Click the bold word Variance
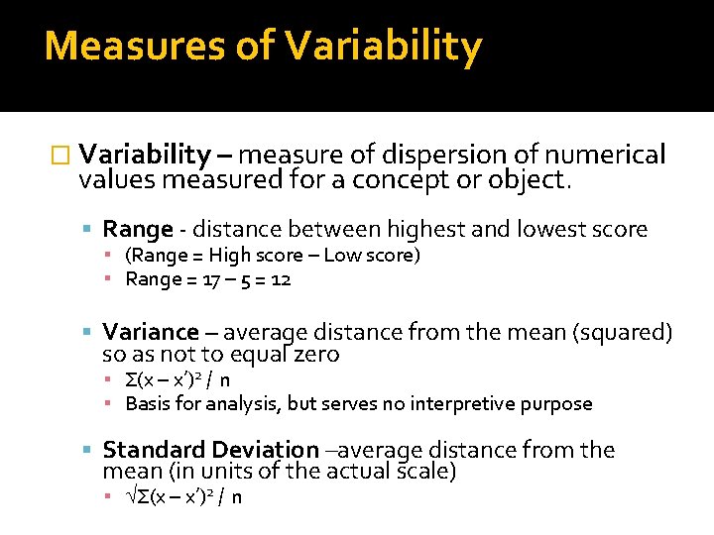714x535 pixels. (x=151, y=332)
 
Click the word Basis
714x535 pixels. (x=147, y=404)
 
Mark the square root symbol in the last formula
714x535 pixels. (x=131, y=496)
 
